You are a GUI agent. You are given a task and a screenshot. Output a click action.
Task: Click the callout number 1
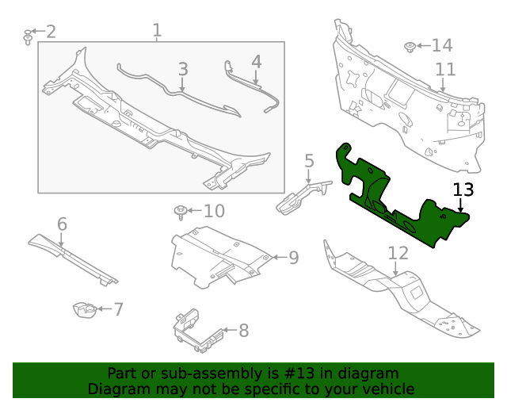157,31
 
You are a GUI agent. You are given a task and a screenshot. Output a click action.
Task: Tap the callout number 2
51,32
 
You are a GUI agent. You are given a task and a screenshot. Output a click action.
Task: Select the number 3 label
183,69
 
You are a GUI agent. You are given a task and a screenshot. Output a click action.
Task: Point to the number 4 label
256,61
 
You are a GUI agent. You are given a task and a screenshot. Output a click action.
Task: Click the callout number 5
309,162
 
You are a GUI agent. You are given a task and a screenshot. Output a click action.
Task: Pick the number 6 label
62,224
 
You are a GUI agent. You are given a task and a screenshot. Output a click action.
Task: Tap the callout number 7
118,309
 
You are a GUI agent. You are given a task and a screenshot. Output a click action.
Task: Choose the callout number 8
243,330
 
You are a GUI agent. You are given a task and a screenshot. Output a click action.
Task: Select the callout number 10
214,211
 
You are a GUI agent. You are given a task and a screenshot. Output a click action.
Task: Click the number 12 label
398,253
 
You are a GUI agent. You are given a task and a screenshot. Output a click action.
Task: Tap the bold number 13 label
463,190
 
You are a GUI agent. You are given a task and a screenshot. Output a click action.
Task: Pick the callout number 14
441,45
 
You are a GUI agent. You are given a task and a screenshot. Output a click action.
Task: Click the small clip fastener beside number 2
29,36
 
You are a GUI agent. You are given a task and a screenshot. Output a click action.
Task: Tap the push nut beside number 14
411,47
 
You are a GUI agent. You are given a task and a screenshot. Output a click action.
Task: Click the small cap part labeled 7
84,310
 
